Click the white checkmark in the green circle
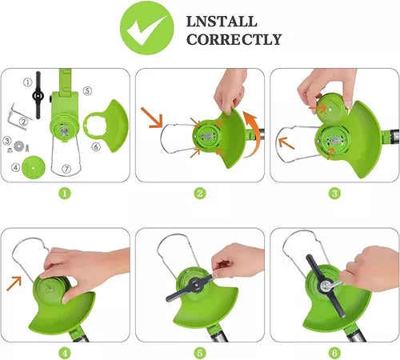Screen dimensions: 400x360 tap(146, 30)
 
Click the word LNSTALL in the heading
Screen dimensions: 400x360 tap(222, 22)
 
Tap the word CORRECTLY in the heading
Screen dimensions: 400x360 tap(234, 39)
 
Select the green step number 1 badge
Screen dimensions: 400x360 tap(65, 193)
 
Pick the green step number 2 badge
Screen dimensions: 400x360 tap(200, 193)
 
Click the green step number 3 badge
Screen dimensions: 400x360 tap(334, 193)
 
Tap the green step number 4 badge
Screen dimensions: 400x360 tap(65, 354)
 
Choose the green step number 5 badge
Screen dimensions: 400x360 tap(200, 354)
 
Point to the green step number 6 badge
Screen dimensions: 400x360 tap(334, 354)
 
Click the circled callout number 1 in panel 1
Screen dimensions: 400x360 tap(28, 82)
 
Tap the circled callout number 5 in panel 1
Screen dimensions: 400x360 tap(88, 91)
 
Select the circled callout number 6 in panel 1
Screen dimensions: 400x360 tap(96, 146)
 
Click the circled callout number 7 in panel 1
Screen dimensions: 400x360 tap(66, 169)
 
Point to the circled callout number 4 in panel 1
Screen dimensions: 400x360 tap(15, 167)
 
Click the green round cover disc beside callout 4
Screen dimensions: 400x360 tap(34, 168)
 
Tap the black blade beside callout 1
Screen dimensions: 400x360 tap(38, 95)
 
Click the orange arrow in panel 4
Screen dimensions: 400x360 tap(14, 283)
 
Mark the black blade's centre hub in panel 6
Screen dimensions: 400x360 tap(325, 286)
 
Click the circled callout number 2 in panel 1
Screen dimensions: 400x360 tap(24, 122)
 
